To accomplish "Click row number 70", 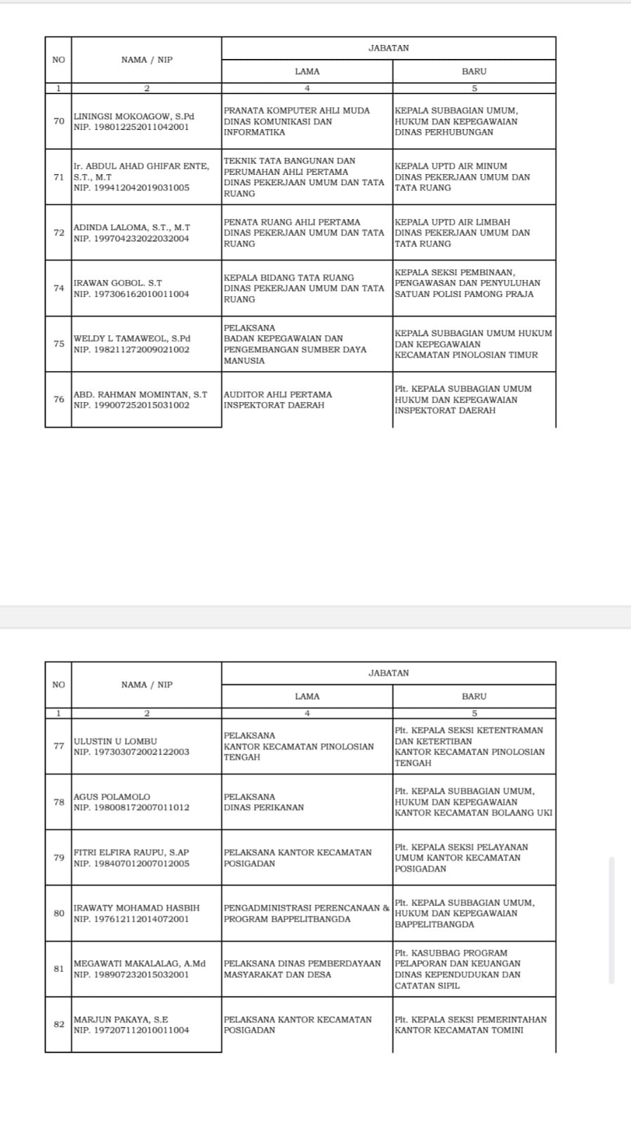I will pos(59,121).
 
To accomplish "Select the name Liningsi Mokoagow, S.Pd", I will pos(134,116).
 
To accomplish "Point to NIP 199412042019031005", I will pos(131,188).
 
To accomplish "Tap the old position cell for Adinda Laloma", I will pos(304,233).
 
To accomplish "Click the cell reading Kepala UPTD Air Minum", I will pos(462,177).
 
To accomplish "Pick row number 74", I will pos(59,288).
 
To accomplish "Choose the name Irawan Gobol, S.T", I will pos(118,283).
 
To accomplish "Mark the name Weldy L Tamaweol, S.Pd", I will pos(132,338).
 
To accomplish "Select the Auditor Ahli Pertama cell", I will pos(278,400).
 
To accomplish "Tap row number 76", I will pos(59,399).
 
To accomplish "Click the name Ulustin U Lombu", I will pos(115,741).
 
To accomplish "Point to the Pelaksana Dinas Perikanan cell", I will pos(264,802).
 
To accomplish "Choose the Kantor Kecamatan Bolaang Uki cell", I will pos(473,802).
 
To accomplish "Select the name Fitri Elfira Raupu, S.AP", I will pos(131,853).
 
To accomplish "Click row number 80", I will pos(59,913).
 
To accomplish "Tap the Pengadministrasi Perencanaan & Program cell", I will pos(306,913).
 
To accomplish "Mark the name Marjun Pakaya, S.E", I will pos(121,1020).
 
